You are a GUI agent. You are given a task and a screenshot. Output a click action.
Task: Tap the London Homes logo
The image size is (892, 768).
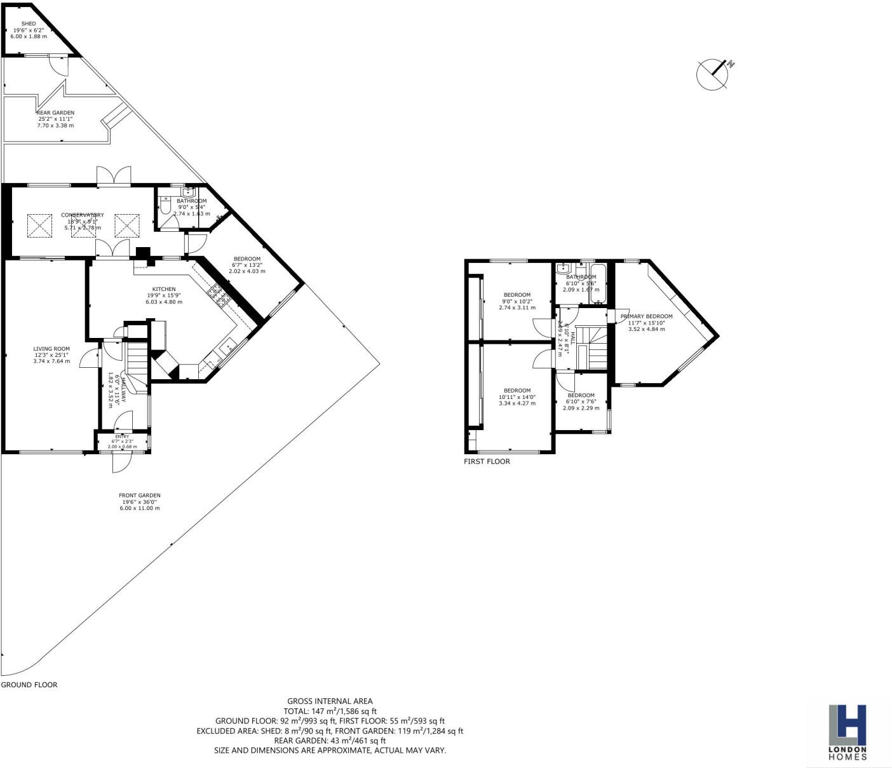pos(848,731)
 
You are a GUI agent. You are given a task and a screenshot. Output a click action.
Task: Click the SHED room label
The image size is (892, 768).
pos(29,24)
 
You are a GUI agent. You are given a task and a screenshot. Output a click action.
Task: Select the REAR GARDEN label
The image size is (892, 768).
pos(55,113)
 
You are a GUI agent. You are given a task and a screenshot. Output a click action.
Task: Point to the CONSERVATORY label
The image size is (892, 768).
pos(83,215)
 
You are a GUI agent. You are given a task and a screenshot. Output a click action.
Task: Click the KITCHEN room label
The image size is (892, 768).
pos(164,290)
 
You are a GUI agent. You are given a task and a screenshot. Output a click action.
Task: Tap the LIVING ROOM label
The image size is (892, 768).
pos(51,349)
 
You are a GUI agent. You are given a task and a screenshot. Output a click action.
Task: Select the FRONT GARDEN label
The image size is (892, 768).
pos(140,495)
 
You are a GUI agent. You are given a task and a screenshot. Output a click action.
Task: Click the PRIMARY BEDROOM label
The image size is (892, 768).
pos(646,316)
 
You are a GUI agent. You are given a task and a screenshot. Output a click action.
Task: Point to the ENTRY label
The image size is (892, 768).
pos(122,437)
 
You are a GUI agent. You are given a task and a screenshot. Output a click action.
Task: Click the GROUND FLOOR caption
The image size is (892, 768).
pos(29,685)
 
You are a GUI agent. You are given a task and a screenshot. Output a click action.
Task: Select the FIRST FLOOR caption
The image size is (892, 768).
pos(487,461)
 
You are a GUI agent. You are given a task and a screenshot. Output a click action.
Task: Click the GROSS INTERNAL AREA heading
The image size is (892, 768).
pos(330,701)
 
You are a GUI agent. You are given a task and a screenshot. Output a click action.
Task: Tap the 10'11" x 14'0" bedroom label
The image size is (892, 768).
pos(517,391)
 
